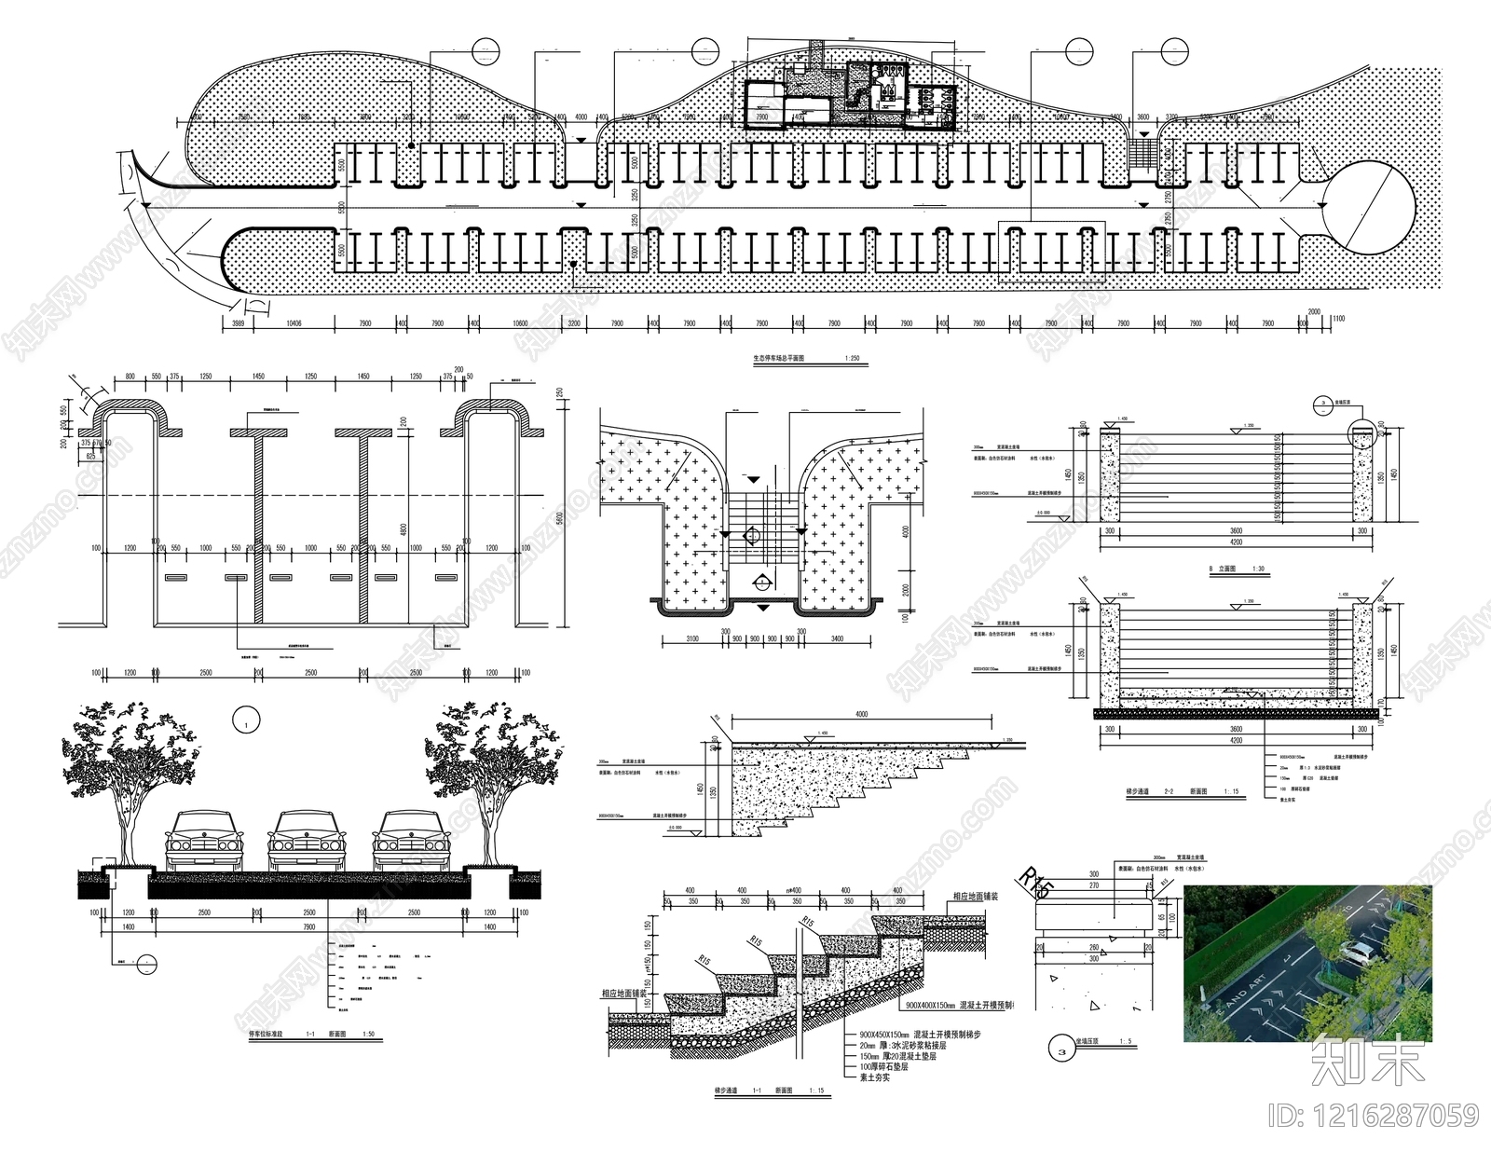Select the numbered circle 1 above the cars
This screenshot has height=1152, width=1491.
[x=246, y=720]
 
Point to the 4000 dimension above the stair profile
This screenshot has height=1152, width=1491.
[x=860, y=715]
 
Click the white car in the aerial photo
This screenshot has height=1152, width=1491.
[x=1359, y=953]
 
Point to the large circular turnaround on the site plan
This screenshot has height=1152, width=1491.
[x=1370, y=206]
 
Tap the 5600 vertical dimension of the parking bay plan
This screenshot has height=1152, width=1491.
[x=559, y=517]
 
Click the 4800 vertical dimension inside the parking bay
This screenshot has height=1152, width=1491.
[x=404, y=529]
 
